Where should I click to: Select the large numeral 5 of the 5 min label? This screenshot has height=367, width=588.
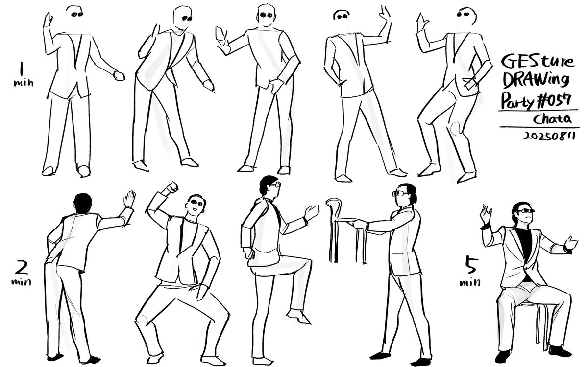tap(469, 267)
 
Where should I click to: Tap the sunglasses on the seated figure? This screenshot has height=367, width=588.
tap(526, 211)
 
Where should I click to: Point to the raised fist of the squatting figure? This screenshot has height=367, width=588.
tap(171, 187)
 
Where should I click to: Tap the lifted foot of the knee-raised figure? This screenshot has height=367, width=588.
tap(296, 316)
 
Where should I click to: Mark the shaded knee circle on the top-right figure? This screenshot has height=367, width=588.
tap(456, 128)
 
